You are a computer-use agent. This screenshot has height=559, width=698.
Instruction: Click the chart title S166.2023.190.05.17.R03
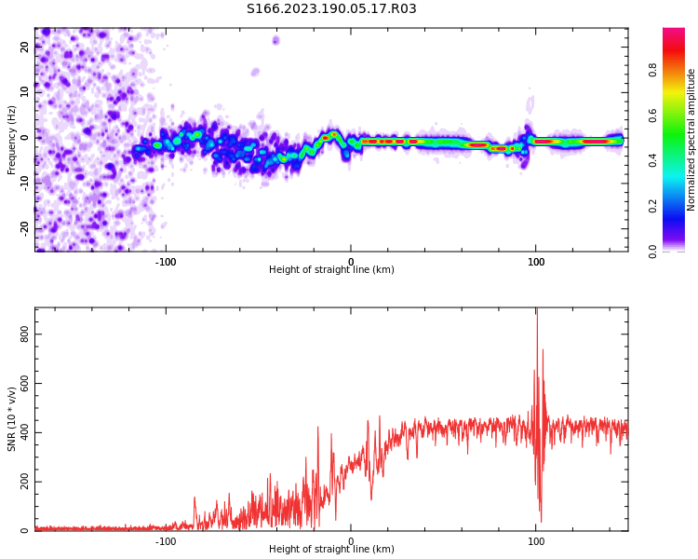(x=331, y=9)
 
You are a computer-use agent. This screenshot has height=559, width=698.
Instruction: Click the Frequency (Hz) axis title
(x=12, y=140)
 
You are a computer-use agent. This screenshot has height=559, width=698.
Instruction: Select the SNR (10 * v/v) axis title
(x=12, y=419)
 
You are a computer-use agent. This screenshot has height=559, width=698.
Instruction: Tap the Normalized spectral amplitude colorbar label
(x=691, y=140)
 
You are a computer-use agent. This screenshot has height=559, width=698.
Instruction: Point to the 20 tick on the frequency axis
(x=25, y=48)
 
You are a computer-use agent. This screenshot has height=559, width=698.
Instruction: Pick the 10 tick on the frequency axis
(x=25, y=92)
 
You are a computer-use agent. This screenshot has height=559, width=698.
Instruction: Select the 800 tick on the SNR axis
(x=25, y=333)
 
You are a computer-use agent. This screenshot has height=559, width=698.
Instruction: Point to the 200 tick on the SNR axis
(x=25, y=482)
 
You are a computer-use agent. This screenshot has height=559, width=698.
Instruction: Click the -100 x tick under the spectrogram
(x=166, y=262)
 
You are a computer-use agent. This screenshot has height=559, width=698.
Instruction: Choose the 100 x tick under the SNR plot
(x=536, y=541)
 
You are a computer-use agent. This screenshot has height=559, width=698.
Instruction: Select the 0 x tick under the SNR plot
(x=351, y=541)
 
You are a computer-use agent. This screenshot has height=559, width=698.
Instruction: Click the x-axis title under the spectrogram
(x=331, y=270)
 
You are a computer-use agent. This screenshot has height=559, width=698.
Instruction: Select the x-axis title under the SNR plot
(x=331, y=550)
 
